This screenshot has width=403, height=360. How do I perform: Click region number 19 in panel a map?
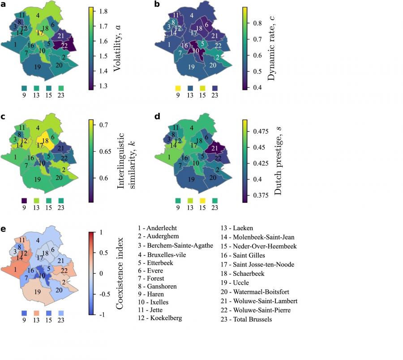[38, 67]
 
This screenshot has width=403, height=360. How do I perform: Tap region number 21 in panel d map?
[214, 148]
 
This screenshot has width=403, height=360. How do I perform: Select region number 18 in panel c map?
[45, 141]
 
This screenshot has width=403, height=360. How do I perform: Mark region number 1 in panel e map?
[16, 269]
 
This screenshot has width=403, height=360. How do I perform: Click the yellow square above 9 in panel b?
[177, 88]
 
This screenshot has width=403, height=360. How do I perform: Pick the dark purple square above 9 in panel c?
[24, 201]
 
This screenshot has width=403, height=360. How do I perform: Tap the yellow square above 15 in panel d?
[202, 201]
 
